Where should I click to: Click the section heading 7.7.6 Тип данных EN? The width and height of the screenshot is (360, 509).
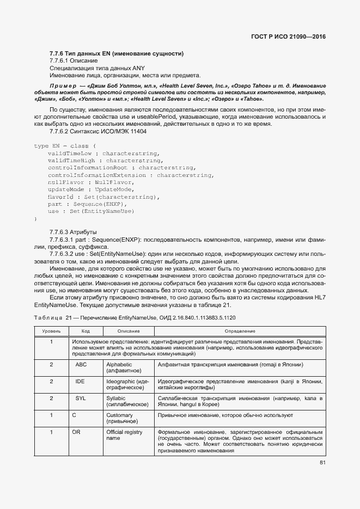pyautogui.click(x=116, y=53)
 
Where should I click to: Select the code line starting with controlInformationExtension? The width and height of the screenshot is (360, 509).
pyautogui.click(x=130, y=175)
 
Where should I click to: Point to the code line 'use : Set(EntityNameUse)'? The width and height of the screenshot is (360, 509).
pyautogui.click(x=90, y=211)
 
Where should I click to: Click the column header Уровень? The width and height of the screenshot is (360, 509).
pyautogui.click(x=51, y=331)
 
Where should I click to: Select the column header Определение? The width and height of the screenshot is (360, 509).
pyautogui.click(x=240, y=331)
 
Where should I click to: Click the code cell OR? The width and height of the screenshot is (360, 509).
pyautogui.click(x=76, y=432)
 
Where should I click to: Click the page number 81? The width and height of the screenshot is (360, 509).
pyautogui.click(x=322, y=463)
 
